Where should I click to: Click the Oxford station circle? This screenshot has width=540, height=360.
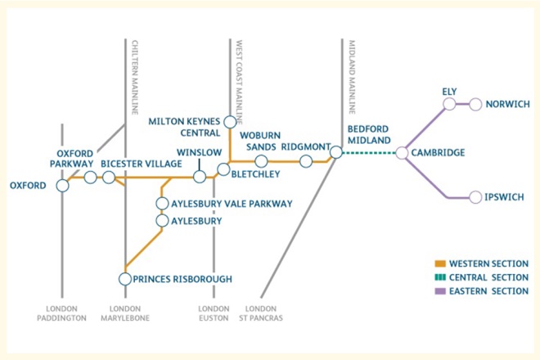point(63,186)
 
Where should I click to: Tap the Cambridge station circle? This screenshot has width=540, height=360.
point(402,152)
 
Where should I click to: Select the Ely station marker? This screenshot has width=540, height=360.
point(450,104)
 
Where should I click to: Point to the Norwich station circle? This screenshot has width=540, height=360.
point(476,104)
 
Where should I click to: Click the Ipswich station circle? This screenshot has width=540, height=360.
point(476,197)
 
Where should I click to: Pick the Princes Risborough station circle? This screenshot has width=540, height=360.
point(125,279)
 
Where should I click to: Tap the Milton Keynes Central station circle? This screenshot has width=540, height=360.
point(230,122)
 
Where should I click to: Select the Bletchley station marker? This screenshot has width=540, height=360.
point(223,169)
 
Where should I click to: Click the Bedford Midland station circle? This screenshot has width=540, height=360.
point(335,152)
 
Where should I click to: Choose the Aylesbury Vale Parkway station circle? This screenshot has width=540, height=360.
point(162,203)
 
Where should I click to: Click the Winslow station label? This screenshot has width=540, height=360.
point(199,152)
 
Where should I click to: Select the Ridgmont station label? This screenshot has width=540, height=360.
point(304,146)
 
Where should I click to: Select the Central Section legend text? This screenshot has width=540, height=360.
point(488,277)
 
